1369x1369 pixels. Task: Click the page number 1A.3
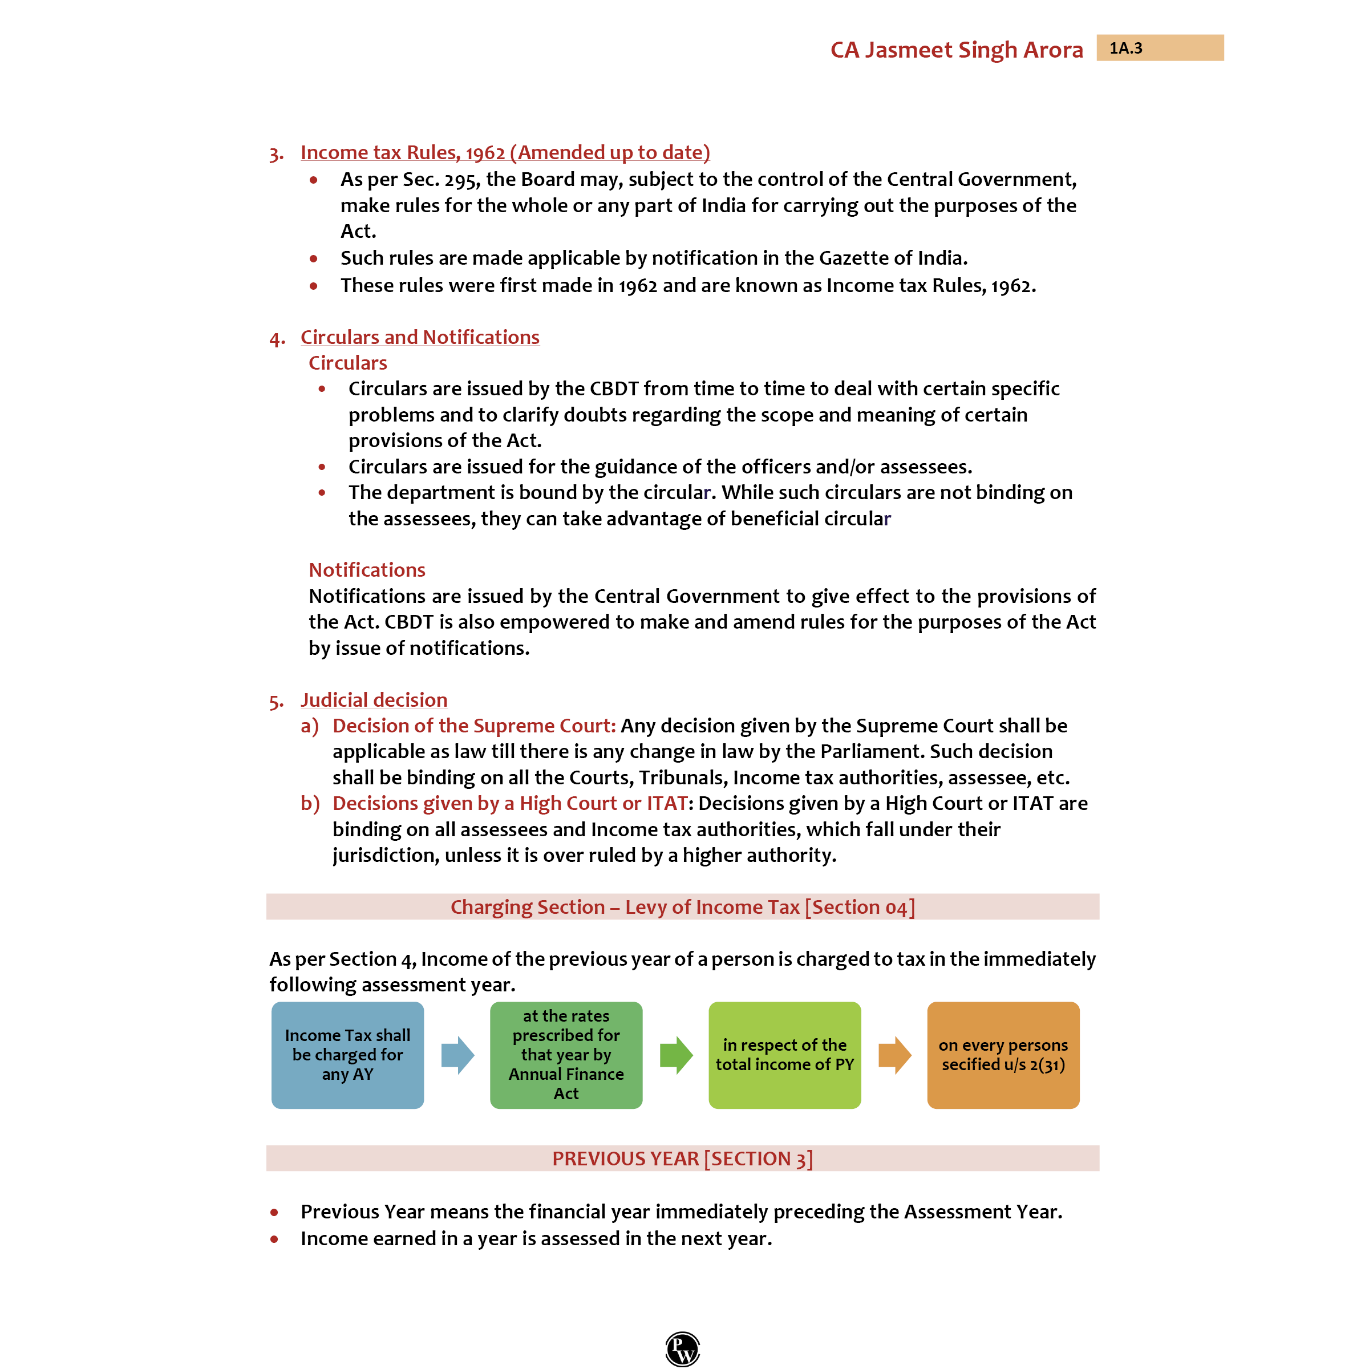tap(1125, 48)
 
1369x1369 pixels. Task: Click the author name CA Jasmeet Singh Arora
tap(956, 50)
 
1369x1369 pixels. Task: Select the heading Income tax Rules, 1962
tap(504, 152)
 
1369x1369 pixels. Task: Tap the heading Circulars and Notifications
tap(419, 337)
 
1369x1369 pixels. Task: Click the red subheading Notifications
tap(366, 570)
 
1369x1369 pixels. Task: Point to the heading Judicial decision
tap(374, 700)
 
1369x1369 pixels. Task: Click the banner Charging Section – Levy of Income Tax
tap(682, 907)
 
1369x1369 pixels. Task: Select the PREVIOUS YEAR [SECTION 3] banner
tap(682, 1159)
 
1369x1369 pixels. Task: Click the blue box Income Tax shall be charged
tap(347, 1055)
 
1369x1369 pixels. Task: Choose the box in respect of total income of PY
tap(784, 1055)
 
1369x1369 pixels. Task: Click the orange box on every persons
tap(1003, 1055)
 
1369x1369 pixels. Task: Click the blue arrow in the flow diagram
tap(457, 1055)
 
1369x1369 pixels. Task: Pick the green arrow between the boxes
tap(676, 1055)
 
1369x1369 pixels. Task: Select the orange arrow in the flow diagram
tap(894, 1055)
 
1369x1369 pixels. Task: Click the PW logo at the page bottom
tap(682, 1348)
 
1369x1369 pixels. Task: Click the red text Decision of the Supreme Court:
tap(473, 726)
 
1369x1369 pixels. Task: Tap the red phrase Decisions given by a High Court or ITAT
tap(509, 804)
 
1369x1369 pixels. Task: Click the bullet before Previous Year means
tap(274, 1212)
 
